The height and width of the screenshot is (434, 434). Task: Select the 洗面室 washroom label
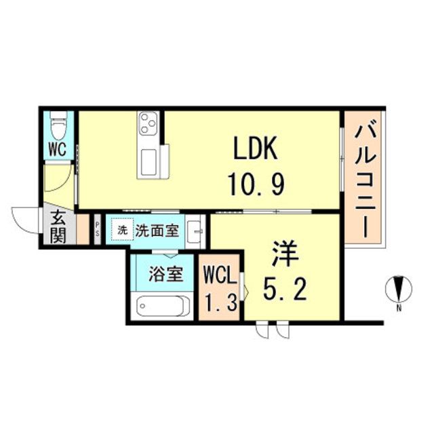(158, 230)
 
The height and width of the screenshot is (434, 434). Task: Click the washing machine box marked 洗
(121, 230)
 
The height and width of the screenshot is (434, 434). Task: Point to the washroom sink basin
(194, 231)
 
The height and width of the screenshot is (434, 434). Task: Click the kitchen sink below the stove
(149, 161)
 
